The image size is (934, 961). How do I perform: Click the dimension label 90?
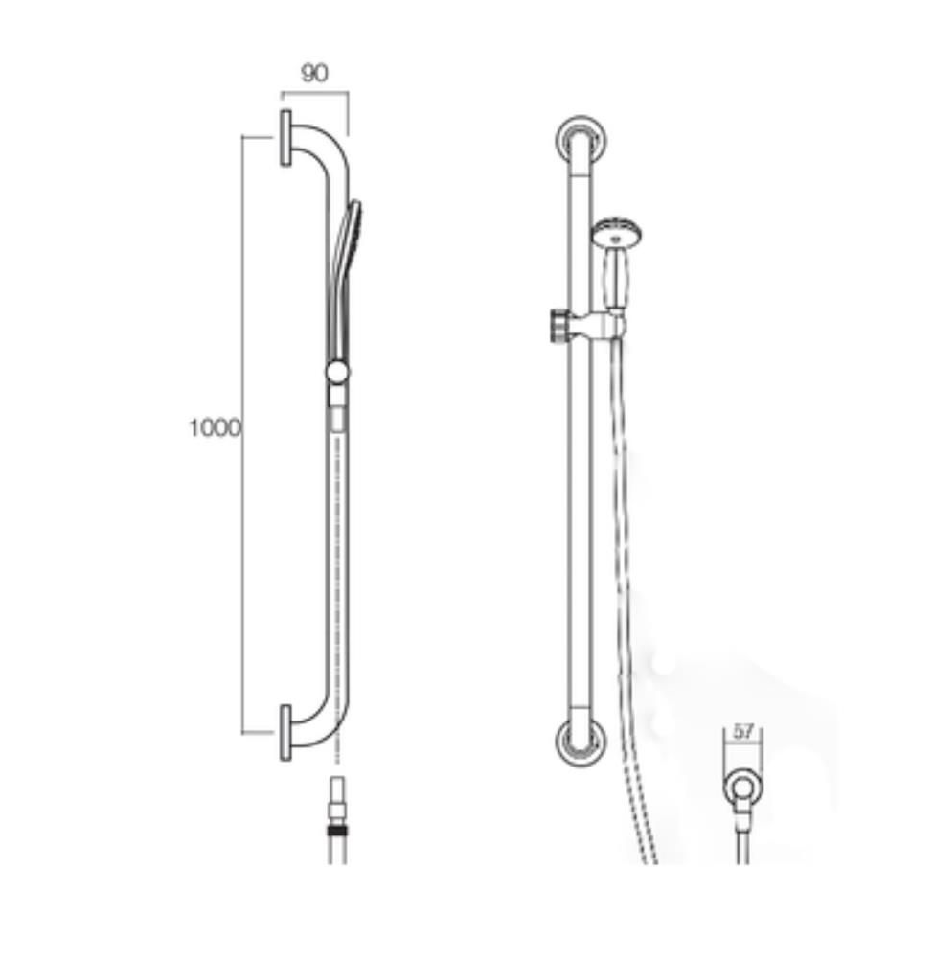tap(314, 74)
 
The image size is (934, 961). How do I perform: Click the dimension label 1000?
tap(215, 428)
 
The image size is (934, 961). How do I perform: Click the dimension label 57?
tap(743, 732)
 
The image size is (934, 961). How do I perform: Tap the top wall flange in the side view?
tap(285, 138)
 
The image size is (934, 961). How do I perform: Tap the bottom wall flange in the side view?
tap(285, 733)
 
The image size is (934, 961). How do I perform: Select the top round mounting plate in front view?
tap(581, 141)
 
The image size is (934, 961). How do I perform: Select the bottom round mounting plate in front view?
tap(581, 742)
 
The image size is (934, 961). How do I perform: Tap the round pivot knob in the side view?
tap(337, 372)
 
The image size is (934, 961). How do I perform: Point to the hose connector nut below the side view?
tap(336, 830)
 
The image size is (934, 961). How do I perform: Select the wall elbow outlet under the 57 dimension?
tap(740, 789)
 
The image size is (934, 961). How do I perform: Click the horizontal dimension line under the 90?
tap(314, 93)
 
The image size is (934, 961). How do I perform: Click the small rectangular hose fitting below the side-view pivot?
tap(336, 420)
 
